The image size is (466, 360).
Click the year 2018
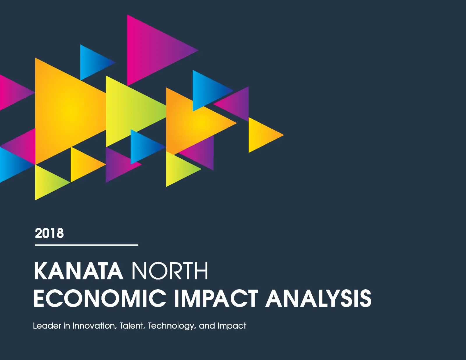pos(49,233)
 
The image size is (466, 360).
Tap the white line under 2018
pos(87,245)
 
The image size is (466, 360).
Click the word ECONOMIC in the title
pos(100,298)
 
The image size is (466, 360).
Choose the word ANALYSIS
pos(318,298)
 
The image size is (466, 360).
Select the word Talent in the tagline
pos(132,326)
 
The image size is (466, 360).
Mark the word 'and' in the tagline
pos(207,326)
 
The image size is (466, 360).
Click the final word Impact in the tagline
pos(232,326)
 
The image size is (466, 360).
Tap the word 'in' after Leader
pos(67,326)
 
